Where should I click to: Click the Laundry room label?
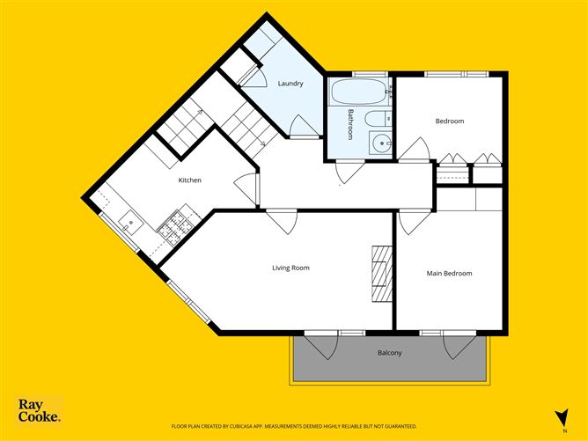click(x=290, y=84)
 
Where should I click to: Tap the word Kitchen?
click(x=190, y=180)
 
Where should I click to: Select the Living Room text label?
click(x=290, y=268)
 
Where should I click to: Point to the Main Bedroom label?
click(x=449, y=273)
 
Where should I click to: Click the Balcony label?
click(x=389, y=353)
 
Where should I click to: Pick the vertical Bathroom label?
click(x=350, y=123)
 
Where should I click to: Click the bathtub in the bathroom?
click(x=357, y=91)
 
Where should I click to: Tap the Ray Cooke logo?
click(x=40, y=410)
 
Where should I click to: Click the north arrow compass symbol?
click(x=559, y=418)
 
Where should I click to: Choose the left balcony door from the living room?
click(x=319, y=346)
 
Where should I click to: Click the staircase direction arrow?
click(x=262, y=141)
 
